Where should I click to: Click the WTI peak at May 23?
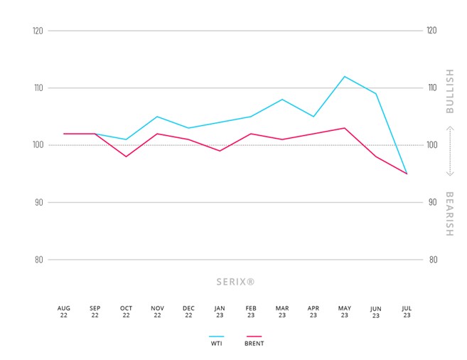click(345, 76)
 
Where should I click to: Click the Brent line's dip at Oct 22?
click(126, 157)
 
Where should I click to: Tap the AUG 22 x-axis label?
click(64, 312)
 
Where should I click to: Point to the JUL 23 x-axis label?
click(407, 312)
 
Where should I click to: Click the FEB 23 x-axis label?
click(251, 312)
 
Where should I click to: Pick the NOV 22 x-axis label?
click(157, 312)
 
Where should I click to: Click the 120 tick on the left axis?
click(38, 31)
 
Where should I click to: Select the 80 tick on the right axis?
click(431, 260)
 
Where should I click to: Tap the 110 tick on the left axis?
click(38, 88)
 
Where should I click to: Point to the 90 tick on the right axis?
click(431, 203)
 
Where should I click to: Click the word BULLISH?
click(449, 92)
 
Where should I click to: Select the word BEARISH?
click(449, 213)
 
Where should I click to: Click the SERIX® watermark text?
click(235, 282)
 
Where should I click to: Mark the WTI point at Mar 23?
click(282, 99)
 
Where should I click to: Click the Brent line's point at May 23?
click(345, 128)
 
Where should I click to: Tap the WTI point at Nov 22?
click(157, 116)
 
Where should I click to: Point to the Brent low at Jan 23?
click(220, 151)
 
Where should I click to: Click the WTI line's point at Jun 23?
click(376, 93)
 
